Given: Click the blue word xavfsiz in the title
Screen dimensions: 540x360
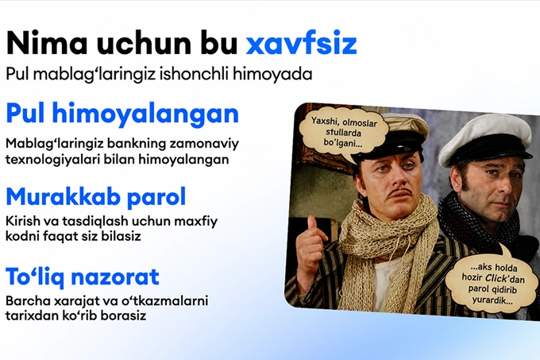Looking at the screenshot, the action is point(301,43).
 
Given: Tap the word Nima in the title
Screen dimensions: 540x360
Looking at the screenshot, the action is point(47,43).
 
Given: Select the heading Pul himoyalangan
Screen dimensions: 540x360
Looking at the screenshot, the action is point(122,114).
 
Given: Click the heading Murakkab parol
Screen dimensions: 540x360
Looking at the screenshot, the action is point(96,197).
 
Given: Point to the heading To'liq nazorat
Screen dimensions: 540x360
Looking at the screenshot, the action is point(83,277).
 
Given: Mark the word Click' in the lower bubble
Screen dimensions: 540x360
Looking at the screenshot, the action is point(496,277).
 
